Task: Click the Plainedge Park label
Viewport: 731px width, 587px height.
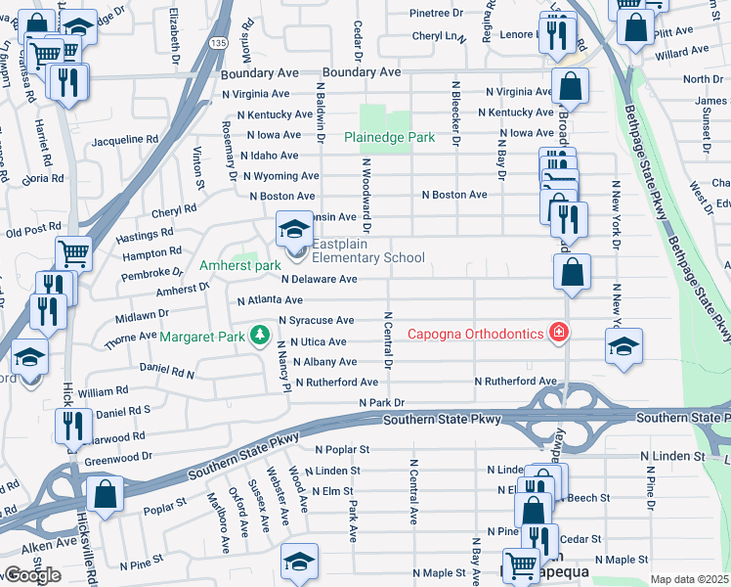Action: [389, 138]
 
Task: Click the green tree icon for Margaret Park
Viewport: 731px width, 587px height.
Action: [259, 337]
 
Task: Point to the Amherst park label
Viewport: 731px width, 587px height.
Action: [240, 265]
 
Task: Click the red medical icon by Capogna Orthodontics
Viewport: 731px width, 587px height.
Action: [558, 334]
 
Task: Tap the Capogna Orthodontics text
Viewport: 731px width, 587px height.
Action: [474, 334]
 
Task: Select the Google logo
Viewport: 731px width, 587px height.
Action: [31, 574]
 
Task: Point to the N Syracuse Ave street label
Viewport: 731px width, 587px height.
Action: [316, 320]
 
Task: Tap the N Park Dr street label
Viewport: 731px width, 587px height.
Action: [381, 402]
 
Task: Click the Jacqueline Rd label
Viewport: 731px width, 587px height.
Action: [131, 140]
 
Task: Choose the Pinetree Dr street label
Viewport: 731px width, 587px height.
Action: [436, 13]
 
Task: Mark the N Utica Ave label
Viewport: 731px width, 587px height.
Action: [318, 341]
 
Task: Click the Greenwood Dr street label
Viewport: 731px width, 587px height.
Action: [117, 455]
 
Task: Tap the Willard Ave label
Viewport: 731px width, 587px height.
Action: [681, 51]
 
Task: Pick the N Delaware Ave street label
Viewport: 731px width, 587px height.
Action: [319, 279]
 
